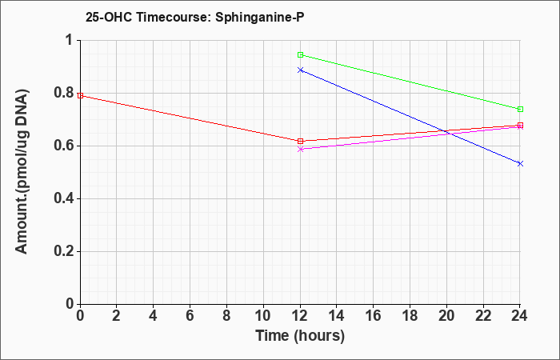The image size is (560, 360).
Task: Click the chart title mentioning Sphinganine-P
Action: coord(194,17)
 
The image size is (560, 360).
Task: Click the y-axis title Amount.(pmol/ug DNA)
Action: coord(22,172)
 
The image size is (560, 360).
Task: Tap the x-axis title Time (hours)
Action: coord(300,336)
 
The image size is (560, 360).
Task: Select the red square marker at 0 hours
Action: coord(80,95)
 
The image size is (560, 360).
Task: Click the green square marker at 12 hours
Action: coord(300,54)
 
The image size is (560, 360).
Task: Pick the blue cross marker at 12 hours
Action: coord(300,70)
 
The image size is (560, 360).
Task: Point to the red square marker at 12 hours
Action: coord(300,141)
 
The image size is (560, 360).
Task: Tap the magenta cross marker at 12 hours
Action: coord(300,149)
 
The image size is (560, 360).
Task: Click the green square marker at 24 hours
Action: coord(520,109)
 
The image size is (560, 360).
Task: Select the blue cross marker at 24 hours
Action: coord(520,163)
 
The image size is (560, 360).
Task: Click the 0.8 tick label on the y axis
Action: coord(63,94)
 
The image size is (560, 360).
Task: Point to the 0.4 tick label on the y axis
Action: coord(63,199)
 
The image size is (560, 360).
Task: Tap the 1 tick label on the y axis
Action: coord(70,40)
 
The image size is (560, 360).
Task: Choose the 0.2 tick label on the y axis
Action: coord(63,252)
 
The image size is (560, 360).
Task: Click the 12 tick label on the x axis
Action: coord(300,316)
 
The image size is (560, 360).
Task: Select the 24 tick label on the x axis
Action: coord(520,316)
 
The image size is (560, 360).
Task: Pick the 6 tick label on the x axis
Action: coord(190,316)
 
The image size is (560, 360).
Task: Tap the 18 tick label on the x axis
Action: coord(410,316)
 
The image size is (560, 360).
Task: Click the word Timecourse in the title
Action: coord(173,17)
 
